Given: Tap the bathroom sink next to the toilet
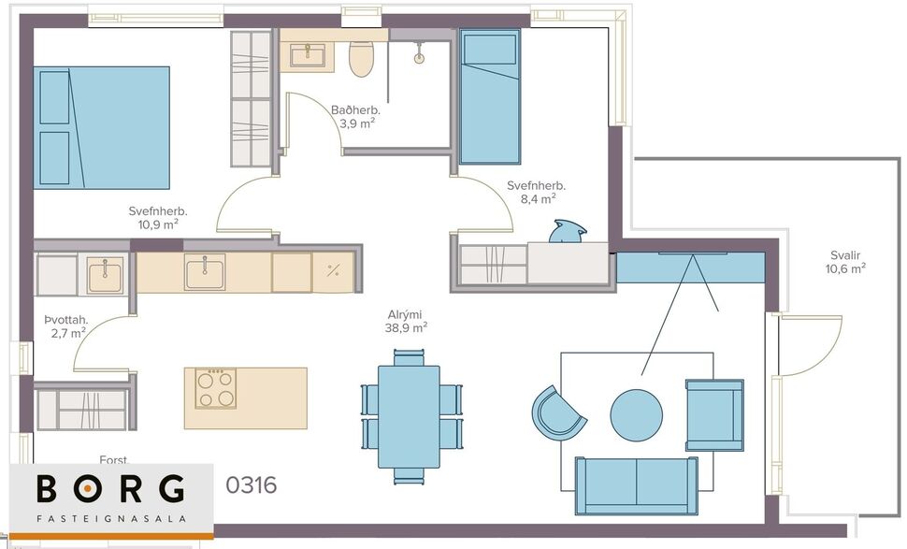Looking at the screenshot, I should (308, 55).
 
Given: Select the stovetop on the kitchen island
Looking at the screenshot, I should (215, 388).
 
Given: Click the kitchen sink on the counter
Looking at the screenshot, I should (204, 272).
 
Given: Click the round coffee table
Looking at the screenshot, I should (636, 415).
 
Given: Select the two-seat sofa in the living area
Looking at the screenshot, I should (636, 484).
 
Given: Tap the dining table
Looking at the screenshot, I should (409, 416).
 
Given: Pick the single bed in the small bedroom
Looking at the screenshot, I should (489, 96).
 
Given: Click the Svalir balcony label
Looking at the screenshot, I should (845, 262).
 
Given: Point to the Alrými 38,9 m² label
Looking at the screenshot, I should (408, 321).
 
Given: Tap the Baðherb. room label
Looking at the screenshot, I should (355, 116).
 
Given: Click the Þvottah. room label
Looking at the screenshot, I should (65, 326).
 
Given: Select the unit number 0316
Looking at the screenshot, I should (252, 486).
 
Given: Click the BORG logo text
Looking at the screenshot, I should (110, 490).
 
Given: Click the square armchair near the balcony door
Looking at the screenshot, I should (713, 414).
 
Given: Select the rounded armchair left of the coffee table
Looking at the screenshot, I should (558, 412).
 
